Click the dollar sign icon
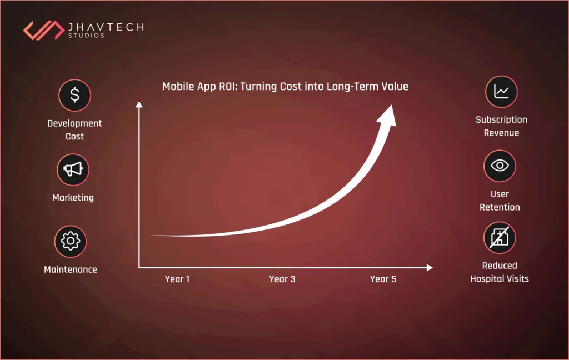coord(74,95)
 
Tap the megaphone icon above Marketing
coord(73,169)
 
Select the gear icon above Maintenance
coord(71,241)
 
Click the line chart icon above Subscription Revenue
coord(501,92)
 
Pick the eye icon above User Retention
coord(500,166)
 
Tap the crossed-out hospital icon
coord(500,238)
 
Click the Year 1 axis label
coord(177,279)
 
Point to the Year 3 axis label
coord(282,279)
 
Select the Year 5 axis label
coord(383,279)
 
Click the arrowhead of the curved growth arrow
coord(387,115)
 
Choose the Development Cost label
coord(74,129)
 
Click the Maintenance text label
coord(71,269)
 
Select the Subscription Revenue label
coord(501,126)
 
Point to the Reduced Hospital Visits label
coord(500,272)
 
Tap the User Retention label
coord(500,201)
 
